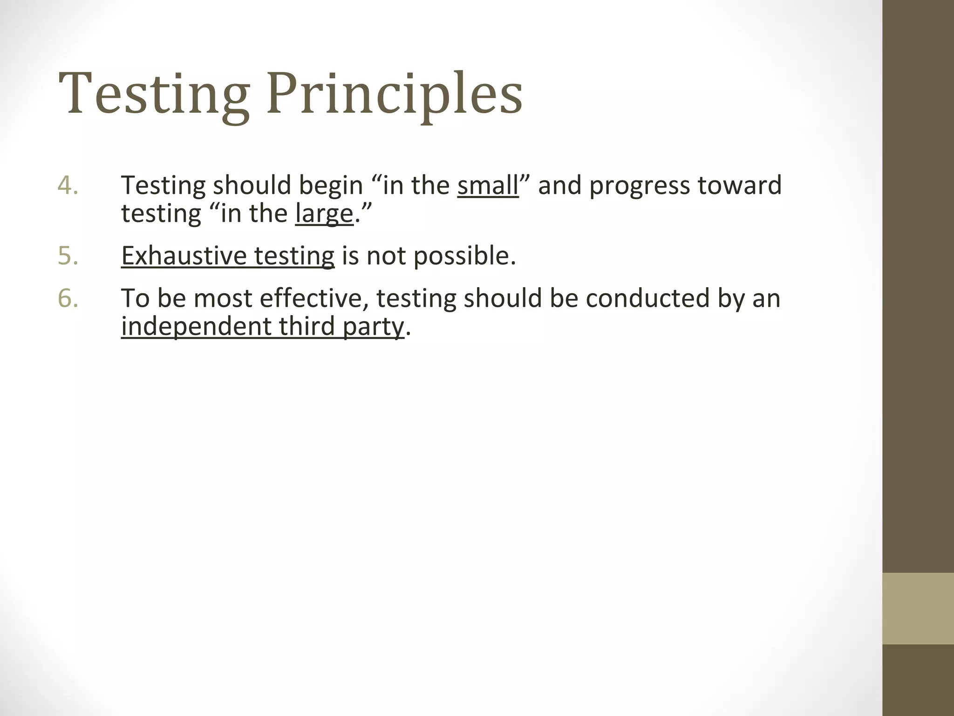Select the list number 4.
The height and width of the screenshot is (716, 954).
click(x=68, y=185)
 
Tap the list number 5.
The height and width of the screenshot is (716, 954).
click(x=68, y=256)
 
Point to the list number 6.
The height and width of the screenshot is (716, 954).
click(x=68, y=298)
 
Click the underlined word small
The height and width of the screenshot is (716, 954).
click(x=488, y=186)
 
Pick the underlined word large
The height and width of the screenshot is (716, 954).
click(x=324, y=214)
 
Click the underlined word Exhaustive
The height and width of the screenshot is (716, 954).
click(x=184, y=256)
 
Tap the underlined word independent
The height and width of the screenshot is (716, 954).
click(x=196, y=326)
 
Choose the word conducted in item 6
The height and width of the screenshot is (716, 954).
click(x=647, y=298)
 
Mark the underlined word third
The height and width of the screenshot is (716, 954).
click(x=307, y=326)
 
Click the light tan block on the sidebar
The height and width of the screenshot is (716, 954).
click(x=918, y=608)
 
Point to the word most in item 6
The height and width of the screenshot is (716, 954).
click(x=223, y=298)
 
